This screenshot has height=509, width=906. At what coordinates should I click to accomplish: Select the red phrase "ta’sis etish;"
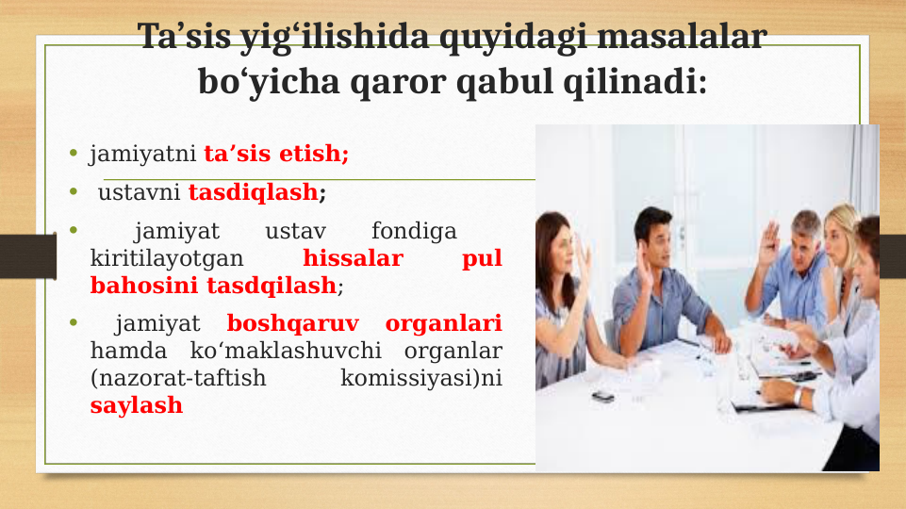point(276,153)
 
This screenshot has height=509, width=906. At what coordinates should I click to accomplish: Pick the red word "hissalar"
point(353,258)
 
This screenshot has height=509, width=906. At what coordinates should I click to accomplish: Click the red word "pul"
point(482,258)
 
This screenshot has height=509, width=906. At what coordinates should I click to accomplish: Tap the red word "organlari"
point(443,324)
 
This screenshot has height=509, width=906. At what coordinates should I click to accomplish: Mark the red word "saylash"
point(137,406)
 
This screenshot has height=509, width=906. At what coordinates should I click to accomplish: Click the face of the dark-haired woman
point(561,250)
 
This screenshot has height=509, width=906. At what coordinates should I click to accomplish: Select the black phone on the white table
point(604,397)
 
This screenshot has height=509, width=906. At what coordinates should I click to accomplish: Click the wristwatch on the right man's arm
point(799,397)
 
